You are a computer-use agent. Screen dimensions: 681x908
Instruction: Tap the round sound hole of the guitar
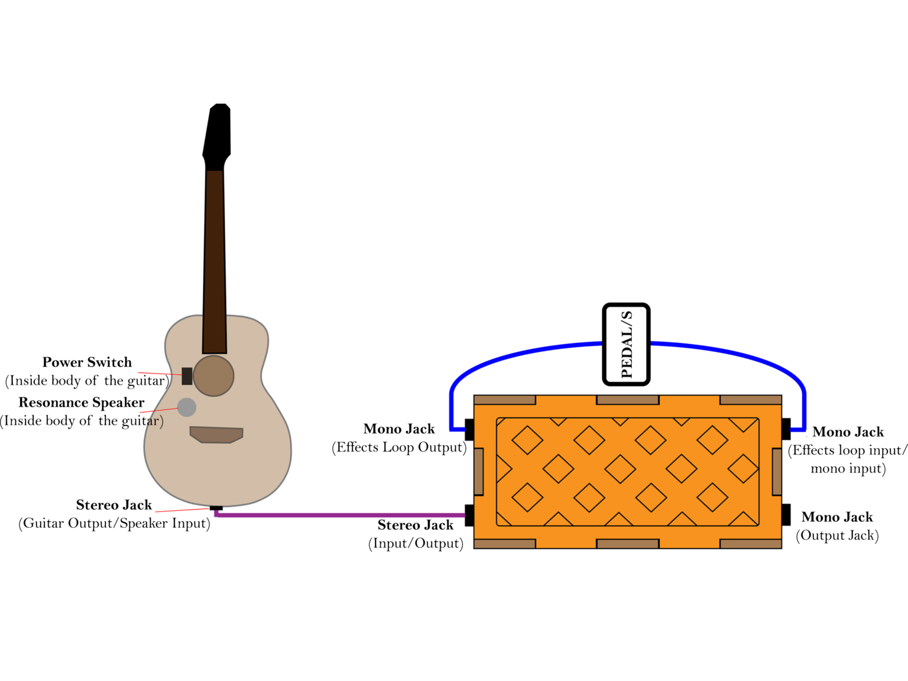[213, 376]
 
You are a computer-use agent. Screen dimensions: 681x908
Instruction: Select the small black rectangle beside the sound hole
[187, 376]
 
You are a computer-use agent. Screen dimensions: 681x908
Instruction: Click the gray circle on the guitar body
[187, 407]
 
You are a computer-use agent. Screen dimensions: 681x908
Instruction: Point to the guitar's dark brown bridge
[216, 434]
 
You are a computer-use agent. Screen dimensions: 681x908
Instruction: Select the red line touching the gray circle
[158, 410]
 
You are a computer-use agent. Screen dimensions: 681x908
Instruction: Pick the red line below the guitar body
[181, 510]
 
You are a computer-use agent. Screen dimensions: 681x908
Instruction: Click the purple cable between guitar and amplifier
[340, 515]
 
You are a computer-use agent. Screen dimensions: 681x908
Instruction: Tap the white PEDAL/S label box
[626, 344]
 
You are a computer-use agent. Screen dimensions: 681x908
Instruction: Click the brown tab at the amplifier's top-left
[505, 400]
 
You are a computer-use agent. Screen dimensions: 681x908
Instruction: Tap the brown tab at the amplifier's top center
[628, 400]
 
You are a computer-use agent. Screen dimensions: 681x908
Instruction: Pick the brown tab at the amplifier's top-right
[751, 400]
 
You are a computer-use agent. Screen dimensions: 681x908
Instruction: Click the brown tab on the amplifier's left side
[479, 472]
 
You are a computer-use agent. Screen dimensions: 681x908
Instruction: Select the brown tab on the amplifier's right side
[777, 472]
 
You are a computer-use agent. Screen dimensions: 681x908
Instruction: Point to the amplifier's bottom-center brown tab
[628, 544]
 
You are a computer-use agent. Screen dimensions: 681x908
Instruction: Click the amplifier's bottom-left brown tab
[505, 544]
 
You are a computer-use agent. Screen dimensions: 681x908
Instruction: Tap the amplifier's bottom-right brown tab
[751, 544]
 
